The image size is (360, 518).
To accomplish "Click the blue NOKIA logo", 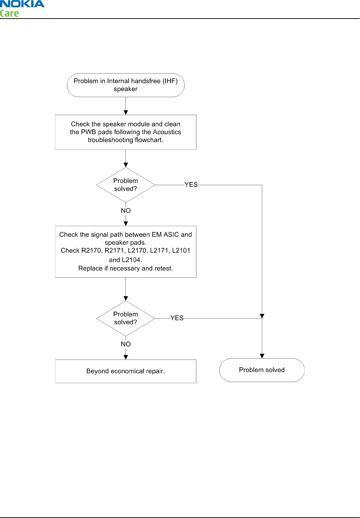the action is pos(22,4).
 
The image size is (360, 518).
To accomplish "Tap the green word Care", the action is pos(9,13).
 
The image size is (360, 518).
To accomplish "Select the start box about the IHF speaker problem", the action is pos(126,85).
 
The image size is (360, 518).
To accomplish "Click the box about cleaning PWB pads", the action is pos(126,132).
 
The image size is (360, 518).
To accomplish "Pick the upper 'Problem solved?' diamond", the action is pos(126,185).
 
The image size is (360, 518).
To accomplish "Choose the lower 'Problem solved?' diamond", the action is pos(126,318).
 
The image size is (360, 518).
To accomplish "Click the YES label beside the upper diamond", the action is pos(191,185).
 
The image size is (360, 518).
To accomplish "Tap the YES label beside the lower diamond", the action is pos(177,318).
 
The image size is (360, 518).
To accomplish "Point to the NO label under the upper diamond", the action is pos(126,211).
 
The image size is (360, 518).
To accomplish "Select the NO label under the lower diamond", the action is pos(126,344).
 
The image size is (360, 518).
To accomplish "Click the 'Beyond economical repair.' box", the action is pos(126,371).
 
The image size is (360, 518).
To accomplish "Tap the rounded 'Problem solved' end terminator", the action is pos(262,370).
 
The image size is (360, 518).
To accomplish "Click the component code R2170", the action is pos(92,250).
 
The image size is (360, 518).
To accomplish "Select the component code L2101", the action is pos(181,250).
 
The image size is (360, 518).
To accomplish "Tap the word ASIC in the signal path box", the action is pos(171,235).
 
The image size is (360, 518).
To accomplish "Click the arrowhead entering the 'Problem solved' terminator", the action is pos(262,356).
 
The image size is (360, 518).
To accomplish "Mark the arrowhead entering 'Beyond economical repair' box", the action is pos(126,357).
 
